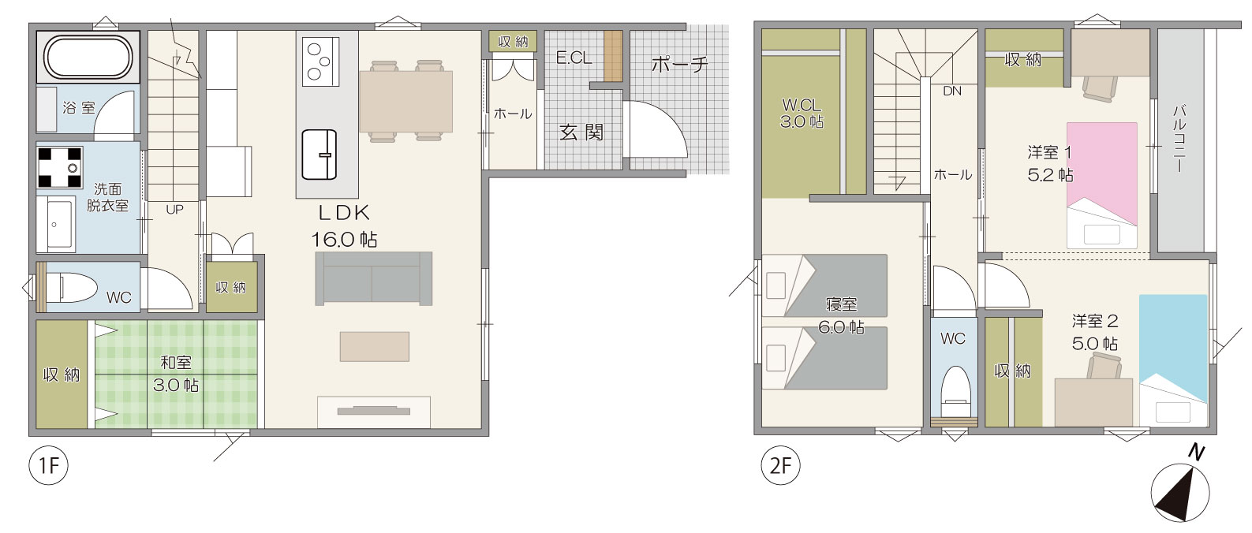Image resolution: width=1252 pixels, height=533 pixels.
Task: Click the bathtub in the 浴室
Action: (88, 57)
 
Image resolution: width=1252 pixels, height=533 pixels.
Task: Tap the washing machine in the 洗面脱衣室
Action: (60, 166)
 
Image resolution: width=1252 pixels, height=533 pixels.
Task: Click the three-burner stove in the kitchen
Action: (320, 61)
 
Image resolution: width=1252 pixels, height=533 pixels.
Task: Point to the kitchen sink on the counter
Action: (320, 155)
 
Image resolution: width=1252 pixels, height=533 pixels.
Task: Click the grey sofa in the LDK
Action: (373, 278)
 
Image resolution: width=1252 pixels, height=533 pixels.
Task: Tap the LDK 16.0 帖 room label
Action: (344, 226)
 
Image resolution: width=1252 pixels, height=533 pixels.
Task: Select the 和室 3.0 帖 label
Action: (176, 374)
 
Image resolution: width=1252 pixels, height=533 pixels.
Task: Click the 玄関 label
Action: (581, 132)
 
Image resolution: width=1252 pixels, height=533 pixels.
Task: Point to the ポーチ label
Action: (680, 64)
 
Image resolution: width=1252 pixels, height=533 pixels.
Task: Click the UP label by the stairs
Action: (174, 210)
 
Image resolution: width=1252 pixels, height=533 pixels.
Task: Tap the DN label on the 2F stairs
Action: (952, 91)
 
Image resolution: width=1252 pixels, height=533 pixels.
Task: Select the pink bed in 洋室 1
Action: (1101, 185)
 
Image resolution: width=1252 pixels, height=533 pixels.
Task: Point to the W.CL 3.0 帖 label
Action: (802, 113)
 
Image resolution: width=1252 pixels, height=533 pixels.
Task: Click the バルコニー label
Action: (1179, 138)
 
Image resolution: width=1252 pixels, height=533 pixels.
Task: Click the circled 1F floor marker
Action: (49, 465)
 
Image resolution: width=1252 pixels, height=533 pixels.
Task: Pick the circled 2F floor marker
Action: (781, 465)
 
